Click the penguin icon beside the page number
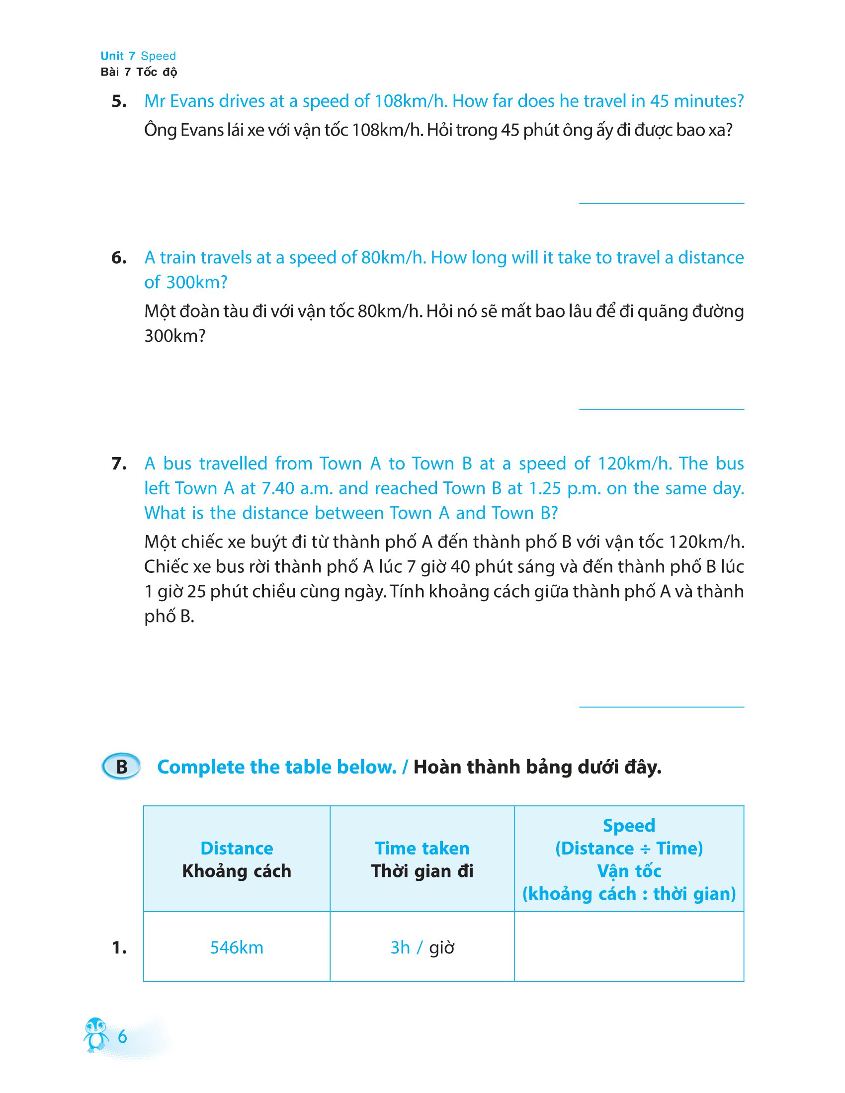[95, 1034]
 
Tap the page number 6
[122, 1036]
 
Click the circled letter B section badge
[121, 767]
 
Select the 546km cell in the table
[236, 947]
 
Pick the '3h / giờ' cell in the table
[422, 947]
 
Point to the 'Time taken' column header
[422, 848]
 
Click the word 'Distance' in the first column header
[236, 848]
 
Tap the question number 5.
[119, 101]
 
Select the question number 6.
[119, 258]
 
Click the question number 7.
[119, 464]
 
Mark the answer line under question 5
[661, 203]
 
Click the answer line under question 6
[661, 409]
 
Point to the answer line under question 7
[661, 706]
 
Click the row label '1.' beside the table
[119, 947]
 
